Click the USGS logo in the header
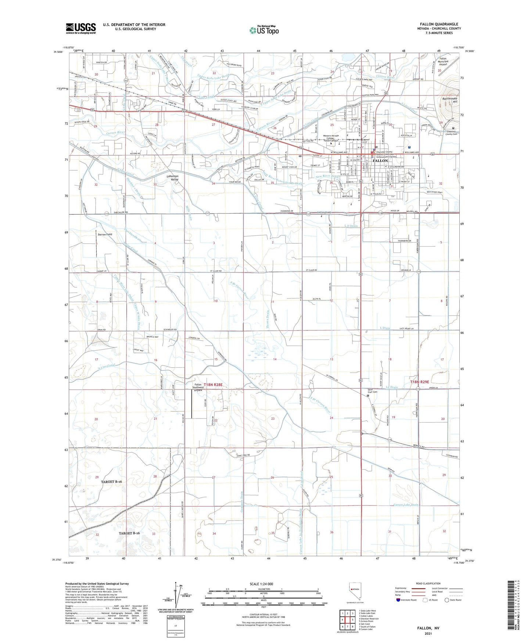click(x=81, y=28)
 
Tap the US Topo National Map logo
click(x=264, y=30)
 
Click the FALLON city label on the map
click(x=380, y=161)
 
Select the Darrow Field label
click(x=105, y=234)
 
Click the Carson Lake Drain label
click(x=406, y=505)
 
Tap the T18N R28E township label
click(x=213, y=384)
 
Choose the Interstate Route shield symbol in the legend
click(x=399, y=600)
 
